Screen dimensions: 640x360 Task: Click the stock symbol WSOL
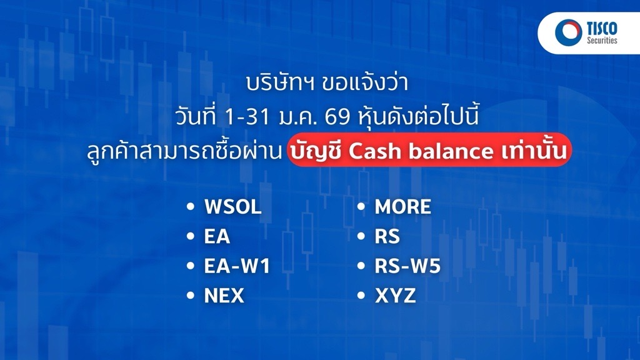(232, 206)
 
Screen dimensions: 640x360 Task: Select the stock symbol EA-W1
(237, 266)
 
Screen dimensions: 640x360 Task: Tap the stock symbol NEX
(224, 296)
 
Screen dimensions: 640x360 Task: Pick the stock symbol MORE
(403, 206)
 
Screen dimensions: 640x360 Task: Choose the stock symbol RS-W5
(407, 266)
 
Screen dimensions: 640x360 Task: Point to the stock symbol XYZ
(395, 296)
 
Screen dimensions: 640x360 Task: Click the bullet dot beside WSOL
(190, 206)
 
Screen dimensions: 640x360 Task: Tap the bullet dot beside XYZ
(361, 296)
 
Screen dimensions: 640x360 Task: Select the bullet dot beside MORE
(361, 206)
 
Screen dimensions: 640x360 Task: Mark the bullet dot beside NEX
(190, 296)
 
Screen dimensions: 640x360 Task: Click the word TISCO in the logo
(602, 29)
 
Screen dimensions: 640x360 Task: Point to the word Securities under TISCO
(602, 40)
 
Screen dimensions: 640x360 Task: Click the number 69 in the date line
(337, 117)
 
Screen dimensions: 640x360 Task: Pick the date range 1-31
(247, 117)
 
